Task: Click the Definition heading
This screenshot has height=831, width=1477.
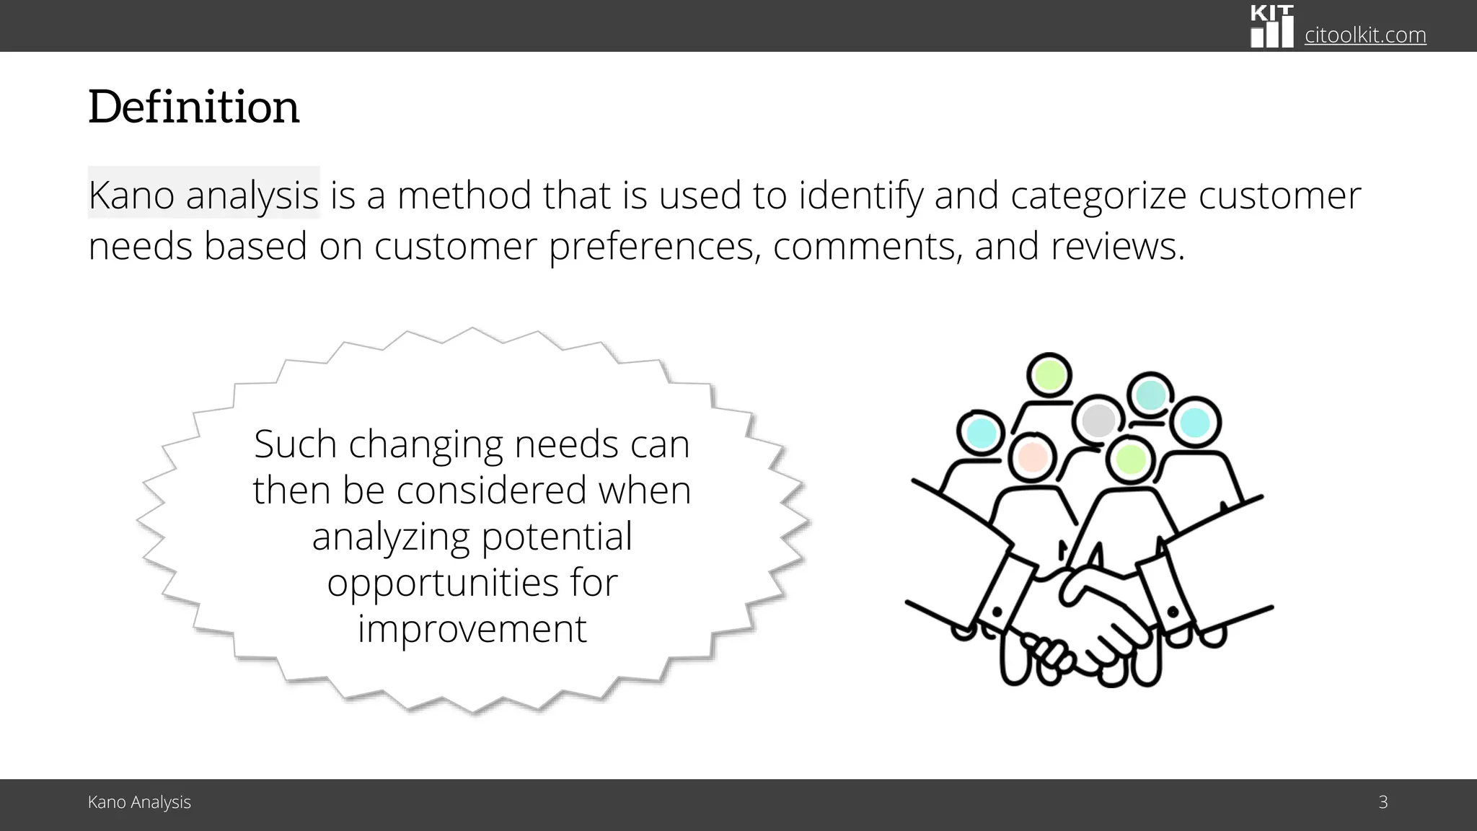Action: (x=193, y=107)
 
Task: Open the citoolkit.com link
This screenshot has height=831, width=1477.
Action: (x=1364, y=35)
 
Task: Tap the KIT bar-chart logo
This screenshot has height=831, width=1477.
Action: (x=1272, y=27)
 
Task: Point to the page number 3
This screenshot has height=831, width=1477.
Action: (x=1383, y=802)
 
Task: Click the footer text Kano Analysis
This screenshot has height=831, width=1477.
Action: (x=139, y=802)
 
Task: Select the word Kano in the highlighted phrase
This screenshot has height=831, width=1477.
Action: (x=131, y=195)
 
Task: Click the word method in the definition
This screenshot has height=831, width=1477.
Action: (x=464, y=195)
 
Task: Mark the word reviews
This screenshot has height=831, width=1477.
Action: (x=1116, y=247)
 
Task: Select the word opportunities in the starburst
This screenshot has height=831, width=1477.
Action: (x=443, y=584)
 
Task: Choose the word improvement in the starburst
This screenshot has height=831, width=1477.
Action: (x=472, y=628)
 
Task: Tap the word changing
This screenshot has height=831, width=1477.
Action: (x=426, y=445)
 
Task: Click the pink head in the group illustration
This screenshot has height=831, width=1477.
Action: (x=1032, y=457)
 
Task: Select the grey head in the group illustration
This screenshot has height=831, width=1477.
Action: (x=1098, y=421)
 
